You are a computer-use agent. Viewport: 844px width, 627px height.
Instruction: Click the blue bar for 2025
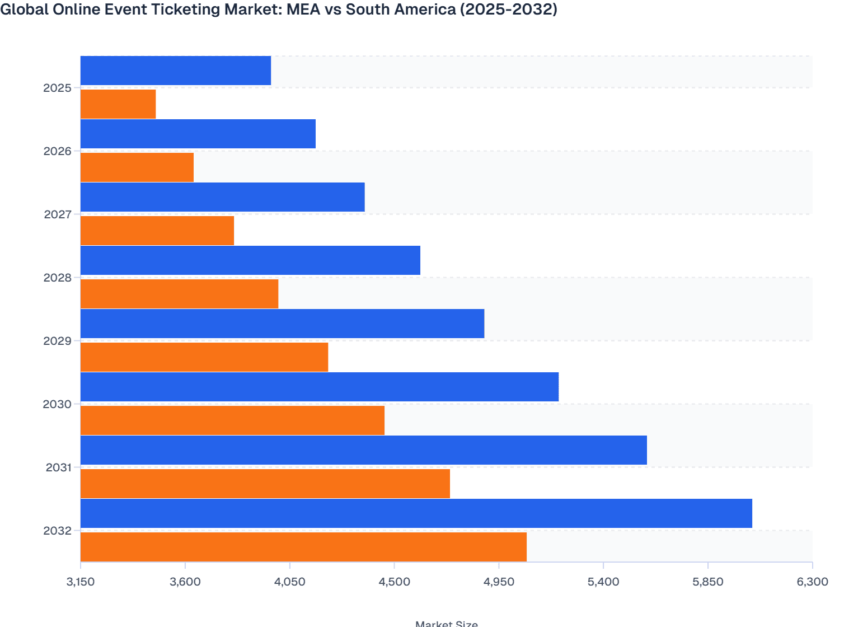click(x=176, y=71)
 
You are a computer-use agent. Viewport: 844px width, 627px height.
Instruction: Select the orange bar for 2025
click(x=118, y=104)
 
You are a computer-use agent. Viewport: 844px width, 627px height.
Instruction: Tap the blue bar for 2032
click(x=416, y=513)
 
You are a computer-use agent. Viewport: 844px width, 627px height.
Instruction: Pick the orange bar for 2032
click(x=303, y=547)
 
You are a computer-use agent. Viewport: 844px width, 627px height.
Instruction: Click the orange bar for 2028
click(x=179, y=294)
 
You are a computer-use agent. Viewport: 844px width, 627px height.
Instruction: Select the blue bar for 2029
click(x=282, y=324)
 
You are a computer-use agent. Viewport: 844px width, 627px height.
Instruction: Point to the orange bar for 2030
click(x=232, y=420)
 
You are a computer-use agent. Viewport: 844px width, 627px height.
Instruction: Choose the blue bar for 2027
click(x=222, y=197)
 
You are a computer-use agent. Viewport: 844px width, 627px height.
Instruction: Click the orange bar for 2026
click(x=137, y=167)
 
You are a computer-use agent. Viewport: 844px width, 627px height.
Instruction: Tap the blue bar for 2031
click(x=363, y=450)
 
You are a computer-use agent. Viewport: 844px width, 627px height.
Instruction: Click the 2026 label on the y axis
click(x=58, y=151)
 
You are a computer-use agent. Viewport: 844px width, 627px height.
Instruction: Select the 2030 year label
click(x=58, y=404)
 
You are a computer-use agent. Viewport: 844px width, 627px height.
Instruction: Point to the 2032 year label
click(x=58, y=531)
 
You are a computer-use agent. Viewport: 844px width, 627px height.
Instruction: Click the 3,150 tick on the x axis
click(x=81, y=582)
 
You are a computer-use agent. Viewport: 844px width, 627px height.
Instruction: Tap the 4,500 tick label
click(x=394, y=582)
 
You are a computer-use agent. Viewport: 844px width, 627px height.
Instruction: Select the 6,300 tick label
click(x=812, y=582)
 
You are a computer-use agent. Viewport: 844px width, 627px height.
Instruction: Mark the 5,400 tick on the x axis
click(x=603, y=582)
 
